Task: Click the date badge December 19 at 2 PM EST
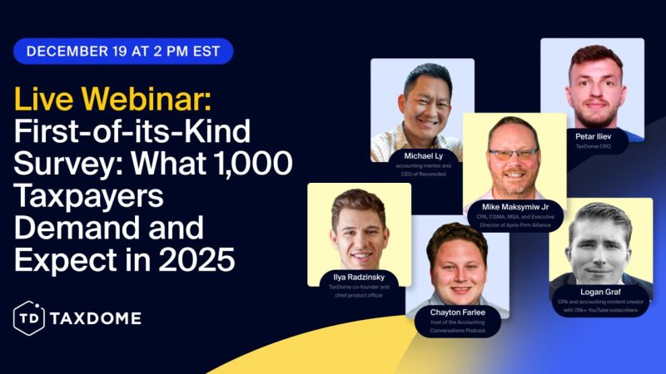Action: tap(122, 51)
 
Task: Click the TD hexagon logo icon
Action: tap(29, 317)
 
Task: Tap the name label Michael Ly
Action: tap(422, 155)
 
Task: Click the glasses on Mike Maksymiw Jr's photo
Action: tap(513, 154)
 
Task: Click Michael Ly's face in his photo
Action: tap(425, 100)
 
